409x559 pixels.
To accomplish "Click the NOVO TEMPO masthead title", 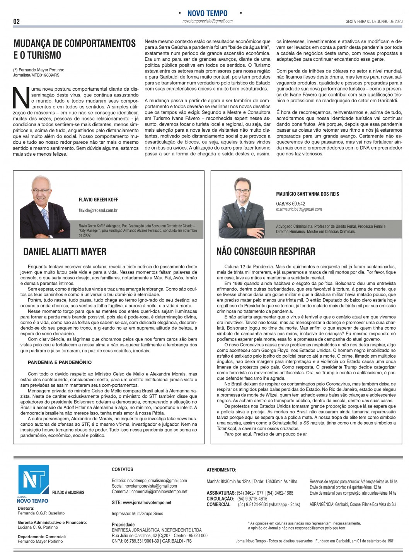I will coord(207,13).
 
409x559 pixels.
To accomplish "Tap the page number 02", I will coord(16,21).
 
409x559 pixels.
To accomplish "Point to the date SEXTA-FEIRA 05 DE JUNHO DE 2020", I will coord(374,21).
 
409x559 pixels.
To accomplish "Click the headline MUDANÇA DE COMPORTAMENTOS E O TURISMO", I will coord(74,49).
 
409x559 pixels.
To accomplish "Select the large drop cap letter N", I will coord(21,98).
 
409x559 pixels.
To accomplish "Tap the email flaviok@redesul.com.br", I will coord(98,210).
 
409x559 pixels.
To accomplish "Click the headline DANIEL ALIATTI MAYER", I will coord(65,252).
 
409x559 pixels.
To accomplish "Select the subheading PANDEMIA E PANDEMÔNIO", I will coord(60,362).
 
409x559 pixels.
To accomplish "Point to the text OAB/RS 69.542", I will coord(290,203).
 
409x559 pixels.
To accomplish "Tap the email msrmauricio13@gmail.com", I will coord(299,209).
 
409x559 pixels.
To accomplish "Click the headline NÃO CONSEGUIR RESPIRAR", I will coord(266,251).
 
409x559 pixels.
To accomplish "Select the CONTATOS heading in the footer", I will coord(122,469).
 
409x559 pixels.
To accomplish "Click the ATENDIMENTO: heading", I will coord(221,470).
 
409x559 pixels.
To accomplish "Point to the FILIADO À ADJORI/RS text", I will coord(68,492).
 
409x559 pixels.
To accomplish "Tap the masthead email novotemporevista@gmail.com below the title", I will coord(207,21).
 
